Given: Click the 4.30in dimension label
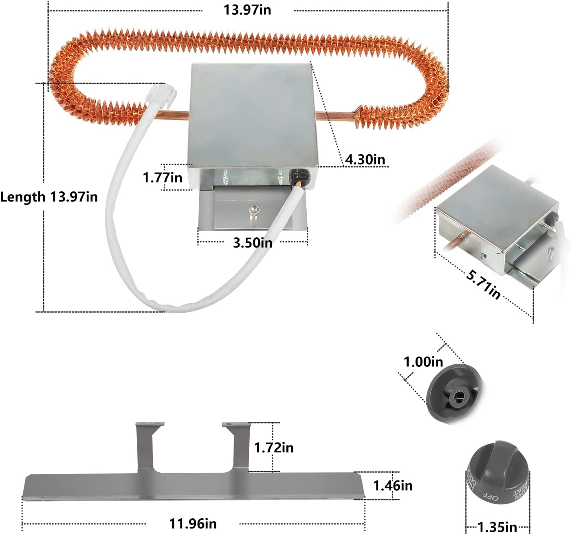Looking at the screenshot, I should pos(365,159).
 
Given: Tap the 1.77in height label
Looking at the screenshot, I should pos(162,178).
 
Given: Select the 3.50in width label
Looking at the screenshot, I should pos(252,243).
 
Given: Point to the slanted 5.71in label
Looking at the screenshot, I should pos(483,284).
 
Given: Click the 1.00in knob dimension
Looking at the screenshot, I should pos(423,361).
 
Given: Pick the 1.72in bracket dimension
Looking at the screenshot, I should pos(273,447).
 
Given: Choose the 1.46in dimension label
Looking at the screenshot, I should pos(393,485).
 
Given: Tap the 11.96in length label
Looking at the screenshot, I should pos(193,523).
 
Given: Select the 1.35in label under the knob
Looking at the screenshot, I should pos(497,527).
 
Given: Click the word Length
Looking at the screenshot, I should pos(23,197).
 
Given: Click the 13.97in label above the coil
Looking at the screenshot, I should pos(247,10).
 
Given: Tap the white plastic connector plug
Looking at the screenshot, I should pos(161,92).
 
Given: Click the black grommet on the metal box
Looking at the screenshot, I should pos(298,178).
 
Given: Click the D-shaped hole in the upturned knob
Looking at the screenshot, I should pos(457,395).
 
